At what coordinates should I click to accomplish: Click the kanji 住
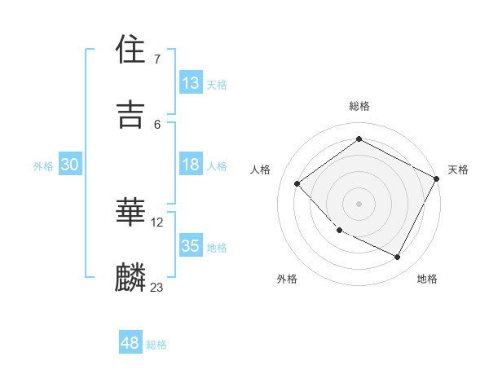point(131,51)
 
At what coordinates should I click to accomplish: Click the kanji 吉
point(131,114)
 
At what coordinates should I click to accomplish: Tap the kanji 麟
point(131,278)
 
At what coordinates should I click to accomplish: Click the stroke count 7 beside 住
point(157,59)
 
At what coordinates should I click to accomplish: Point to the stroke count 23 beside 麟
point(157,287)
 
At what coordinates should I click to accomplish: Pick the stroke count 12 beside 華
point(157,222)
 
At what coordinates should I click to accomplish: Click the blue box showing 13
point(191,83)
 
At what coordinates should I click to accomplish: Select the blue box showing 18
point(191,165)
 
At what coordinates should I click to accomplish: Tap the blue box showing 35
point(191,246)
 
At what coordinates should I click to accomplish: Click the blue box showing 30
point(69,165)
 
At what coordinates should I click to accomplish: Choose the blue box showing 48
point(130,343)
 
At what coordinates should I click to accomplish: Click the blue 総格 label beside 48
point(157,345)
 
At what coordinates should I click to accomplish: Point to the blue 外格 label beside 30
point(43,166)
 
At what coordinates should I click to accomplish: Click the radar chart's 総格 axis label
point(359,106)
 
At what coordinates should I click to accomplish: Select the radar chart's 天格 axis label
point(458,169)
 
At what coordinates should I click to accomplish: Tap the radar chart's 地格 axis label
point(427,279)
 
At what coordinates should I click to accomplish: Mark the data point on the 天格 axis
point(437,178)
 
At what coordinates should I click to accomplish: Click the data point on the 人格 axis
point(297,183)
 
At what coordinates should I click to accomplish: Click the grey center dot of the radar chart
point(359,203)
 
